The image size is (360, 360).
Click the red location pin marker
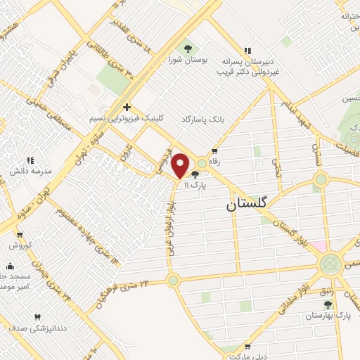(x=181, y=165)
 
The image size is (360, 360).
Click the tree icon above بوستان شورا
(x=188, y=49)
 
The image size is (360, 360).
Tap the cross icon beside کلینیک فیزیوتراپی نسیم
(x=127, y=107)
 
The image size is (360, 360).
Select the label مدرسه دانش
(x=27, y=172)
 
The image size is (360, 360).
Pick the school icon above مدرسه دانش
(x=30, y=160)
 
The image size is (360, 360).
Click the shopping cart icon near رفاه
(x=214, y=150)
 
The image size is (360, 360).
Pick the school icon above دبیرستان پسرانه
(x=247, y=50)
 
